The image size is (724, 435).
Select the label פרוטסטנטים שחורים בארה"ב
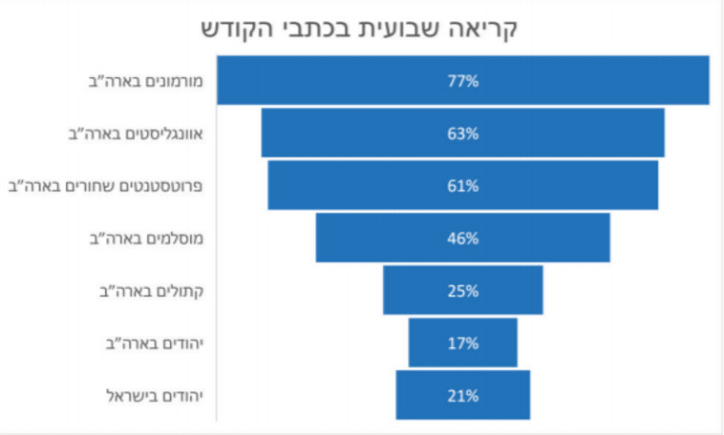tap(109, 186)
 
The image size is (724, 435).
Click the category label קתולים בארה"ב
tap(152, 291)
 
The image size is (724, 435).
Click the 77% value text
tap(462, 81)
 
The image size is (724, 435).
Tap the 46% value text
tap(462, 238)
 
